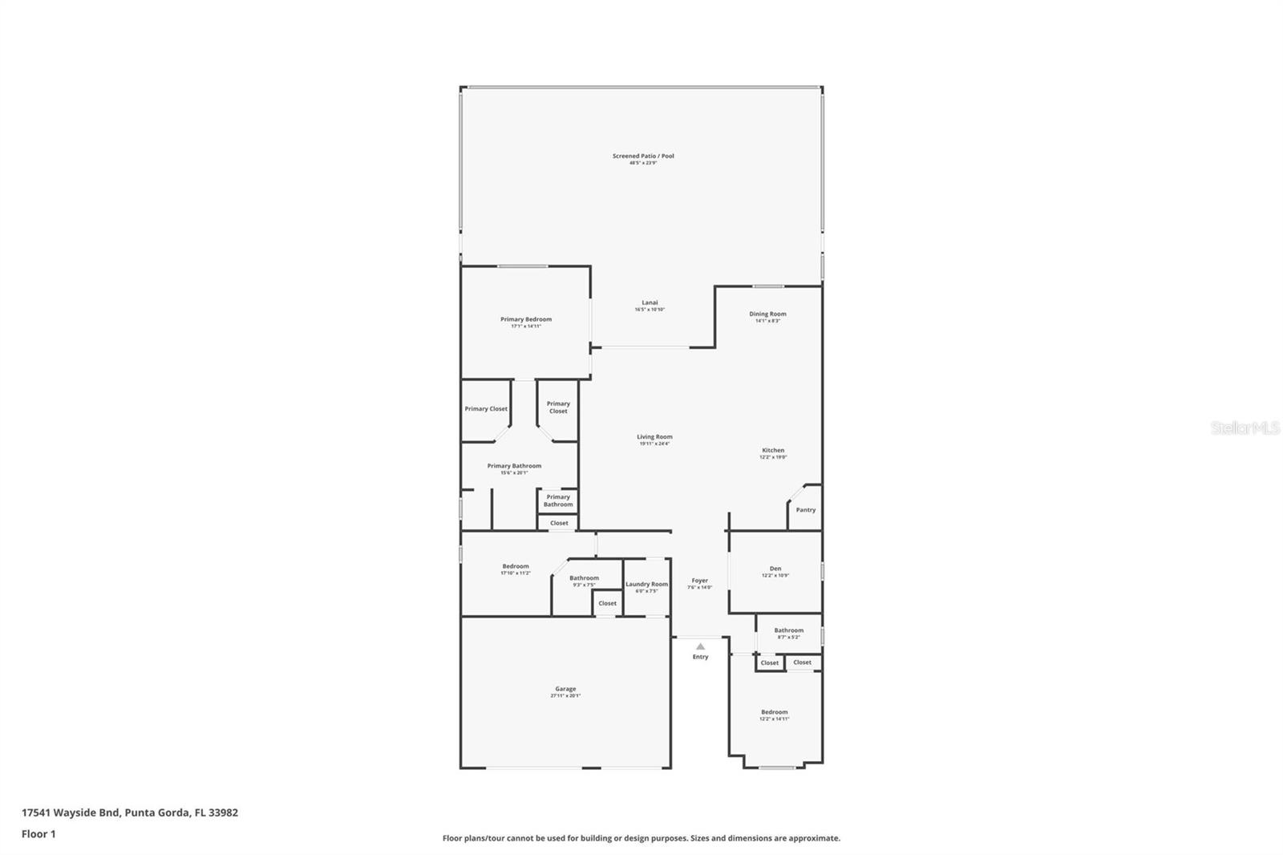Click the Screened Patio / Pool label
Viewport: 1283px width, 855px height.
[x=643, y=156]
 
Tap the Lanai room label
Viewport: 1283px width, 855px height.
[x=650, y=303]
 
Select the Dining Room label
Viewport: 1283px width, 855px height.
[x=767, y=314]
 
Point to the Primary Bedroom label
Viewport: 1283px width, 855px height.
[x=526, y=319]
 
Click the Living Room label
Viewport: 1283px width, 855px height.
[x=654, y=437]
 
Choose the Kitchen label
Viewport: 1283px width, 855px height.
[x=773, y=451]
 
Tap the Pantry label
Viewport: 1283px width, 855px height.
[x=806, y=510]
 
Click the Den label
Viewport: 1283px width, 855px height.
[x=775, y=569]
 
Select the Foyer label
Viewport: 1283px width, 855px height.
[x=700, y=581]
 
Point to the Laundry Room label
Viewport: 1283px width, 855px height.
[x=646, y=585]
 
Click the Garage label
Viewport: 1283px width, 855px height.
[x=565, y=689]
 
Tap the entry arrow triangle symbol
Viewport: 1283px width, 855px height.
[x=700, y=646]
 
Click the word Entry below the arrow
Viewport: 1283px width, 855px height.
[x=700, y=657]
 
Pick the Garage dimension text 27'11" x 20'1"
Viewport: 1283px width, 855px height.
[x=565, y=696]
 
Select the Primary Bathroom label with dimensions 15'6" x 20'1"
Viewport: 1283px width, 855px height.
[x=514, y=466]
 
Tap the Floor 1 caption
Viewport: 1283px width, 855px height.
[x=38, y=834]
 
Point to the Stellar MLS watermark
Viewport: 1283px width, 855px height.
[x=1245, y=428]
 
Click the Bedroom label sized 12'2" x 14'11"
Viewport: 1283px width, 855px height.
[x=774, y=712]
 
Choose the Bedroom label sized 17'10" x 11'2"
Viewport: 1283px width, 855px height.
[x=516, y=566]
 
